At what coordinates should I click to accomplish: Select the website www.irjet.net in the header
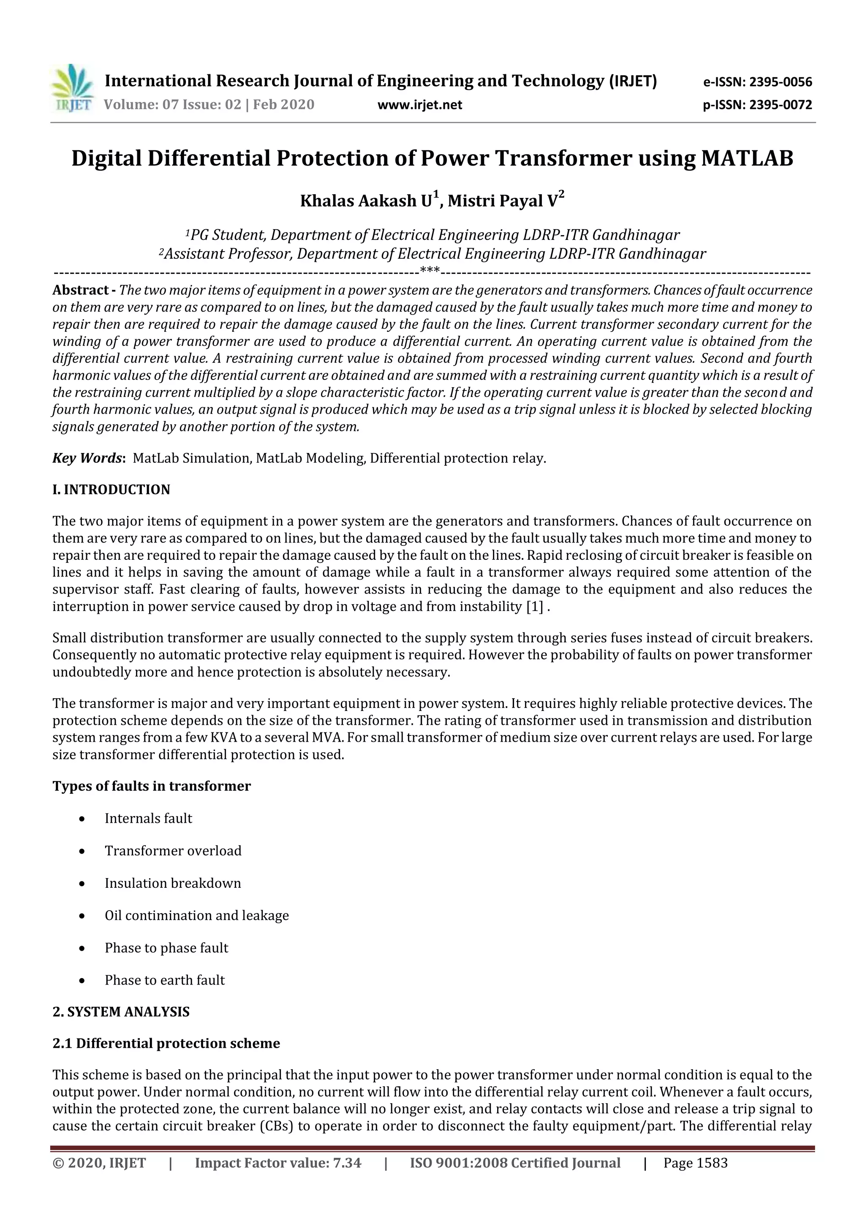419,105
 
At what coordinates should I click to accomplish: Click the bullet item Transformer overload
173,851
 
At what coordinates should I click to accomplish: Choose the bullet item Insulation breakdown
173,883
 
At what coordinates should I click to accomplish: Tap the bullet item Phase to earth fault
165,980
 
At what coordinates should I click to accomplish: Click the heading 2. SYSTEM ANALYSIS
121,1011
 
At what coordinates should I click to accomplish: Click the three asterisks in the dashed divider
430,271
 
